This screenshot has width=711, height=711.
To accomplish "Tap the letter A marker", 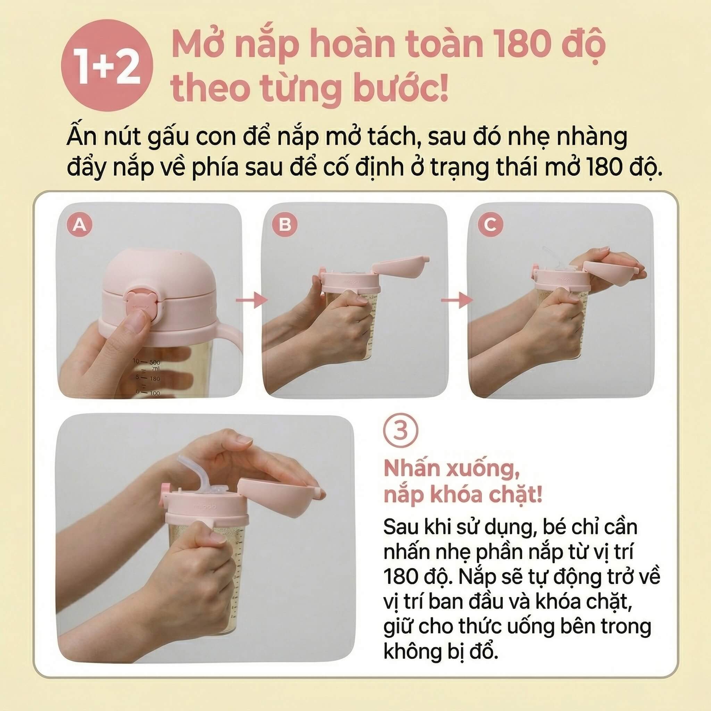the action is click(x=80, y=224).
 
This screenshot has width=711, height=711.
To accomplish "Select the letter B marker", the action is click(x=285, y=224).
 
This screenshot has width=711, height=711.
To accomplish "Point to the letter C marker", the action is click(x=490, y=224).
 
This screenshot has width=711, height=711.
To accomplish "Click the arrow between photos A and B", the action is click(x=252, y=300).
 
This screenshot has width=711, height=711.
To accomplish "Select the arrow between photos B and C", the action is click(x=457, y=300).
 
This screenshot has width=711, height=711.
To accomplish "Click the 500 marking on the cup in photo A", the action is click(x=155, y=362).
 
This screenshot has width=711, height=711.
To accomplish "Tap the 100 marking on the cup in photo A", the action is click(x=154, y=393).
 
